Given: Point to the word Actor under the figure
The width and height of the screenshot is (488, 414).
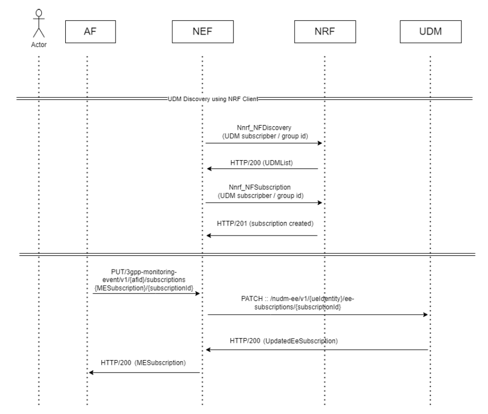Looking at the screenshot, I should coord(39,44).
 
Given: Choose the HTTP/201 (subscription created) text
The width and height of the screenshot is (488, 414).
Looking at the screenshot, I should coord(265,223).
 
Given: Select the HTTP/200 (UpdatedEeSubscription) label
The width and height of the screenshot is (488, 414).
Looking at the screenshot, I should coord(284,341).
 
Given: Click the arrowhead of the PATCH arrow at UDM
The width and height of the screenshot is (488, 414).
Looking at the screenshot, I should coord(425,315).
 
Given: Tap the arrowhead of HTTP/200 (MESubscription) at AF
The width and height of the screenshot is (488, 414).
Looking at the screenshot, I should coord(91,373).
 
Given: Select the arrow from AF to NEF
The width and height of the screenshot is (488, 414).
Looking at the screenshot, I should coord(146,294).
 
